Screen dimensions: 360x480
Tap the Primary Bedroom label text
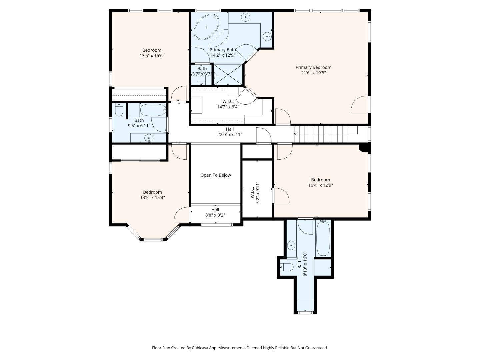(313, 67)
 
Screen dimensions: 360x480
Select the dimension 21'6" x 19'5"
(313, 73)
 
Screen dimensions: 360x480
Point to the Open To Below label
(215, 175)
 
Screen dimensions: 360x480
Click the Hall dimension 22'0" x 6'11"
(230, 135)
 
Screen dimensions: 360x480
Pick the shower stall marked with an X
(228, 75)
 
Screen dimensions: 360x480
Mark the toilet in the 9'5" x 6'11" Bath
(119, 110)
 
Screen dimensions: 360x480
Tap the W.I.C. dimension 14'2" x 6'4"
(228, 107)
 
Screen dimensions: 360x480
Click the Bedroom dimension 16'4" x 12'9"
(320, 185)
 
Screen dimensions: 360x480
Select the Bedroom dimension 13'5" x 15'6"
(152, 56)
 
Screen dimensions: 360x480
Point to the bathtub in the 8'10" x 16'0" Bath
(323, 238)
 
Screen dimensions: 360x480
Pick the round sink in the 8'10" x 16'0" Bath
(291, 246)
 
